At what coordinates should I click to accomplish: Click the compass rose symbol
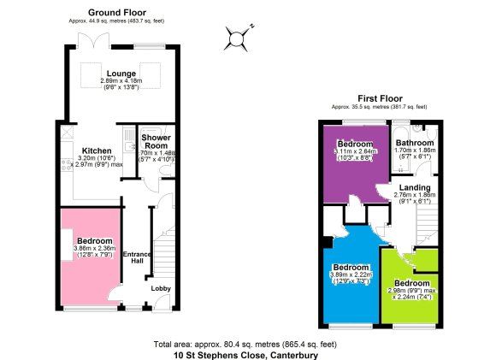[x=236, y=37]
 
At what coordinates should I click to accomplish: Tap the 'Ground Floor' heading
[x=116, y=13]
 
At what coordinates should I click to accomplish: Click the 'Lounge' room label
[x=115, y=74]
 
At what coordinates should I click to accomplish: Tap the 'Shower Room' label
[x=156, y=142]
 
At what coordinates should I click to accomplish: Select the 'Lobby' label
[x=161, y=288]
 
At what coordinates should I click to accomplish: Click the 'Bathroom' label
[x=415, y=143]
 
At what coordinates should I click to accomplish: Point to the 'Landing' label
[x=415, y=187]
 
